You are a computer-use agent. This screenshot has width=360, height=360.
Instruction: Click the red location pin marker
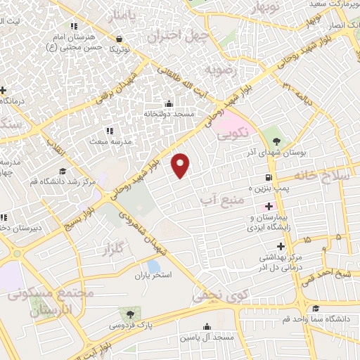pos(182,165)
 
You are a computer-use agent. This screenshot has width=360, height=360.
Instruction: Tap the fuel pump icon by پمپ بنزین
pos(268,177)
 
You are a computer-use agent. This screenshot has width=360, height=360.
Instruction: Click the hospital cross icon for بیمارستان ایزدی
pos(269,207)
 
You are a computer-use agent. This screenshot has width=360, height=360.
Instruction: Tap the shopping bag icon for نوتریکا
pos(118,39)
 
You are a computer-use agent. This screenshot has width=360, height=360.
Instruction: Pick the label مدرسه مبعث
pos(108,141)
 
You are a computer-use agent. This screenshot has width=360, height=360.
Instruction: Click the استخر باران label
pos(155,274)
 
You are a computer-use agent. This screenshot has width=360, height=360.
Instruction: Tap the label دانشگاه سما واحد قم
pos(324,319)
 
